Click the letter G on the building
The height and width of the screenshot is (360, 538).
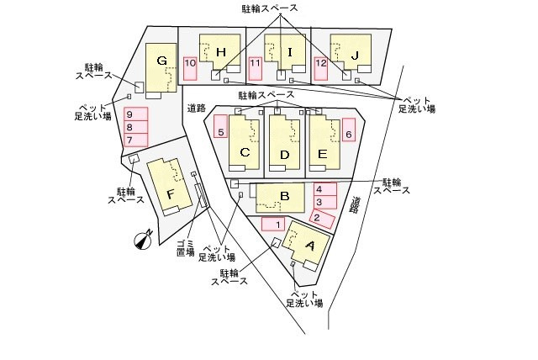pyautogui.click(x=161, y=61)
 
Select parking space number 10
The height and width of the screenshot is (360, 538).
pyautogui.click(x=190, y=68)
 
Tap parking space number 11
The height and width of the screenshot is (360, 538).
pyautogui.click(x=256, y=68)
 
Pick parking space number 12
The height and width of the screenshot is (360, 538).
pyautogui.click(x=321, y=68)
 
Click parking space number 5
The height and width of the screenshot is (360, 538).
pyautogui.click(x=220, y=126)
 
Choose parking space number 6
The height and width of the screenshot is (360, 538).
pyautogui.click(x=349, y=130)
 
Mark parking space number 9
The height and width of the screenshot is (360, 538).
pyautogui.click(x=135, y=140)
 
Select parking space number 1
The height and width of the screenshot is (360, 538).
pyautogui.click(x=273, y=225)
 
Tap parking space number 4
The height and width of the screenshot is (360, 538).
pyautogui.click(x=325, y=189)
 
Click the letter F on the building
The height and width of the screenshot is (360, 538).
pyautogui.click(x=171, y=194)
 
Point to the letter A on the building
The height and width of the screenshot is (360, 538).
pyautogui.click(x=310, y=246)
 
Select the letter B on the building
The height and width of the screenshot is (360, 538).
pyautogui.click(x=284, y=196)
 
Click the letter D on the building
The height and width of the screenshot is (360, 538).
pyautogui.click(x=284, y=155)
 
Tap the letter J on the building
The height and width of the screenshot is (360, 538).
pyautogui.click(x=355, y=55)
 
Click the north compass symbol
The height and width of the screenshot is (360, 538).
pyautogui.click(x=144, y=240)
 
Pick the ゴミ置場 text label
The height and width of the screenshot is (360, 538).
pyautogui.click(x=186, y=248)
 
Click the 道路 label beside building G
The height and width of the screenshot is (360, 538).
pyautogui.click(x=196, y=108)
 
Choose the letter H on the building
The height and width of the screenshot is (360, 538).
pyautogui.click(x=221, y=52)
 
